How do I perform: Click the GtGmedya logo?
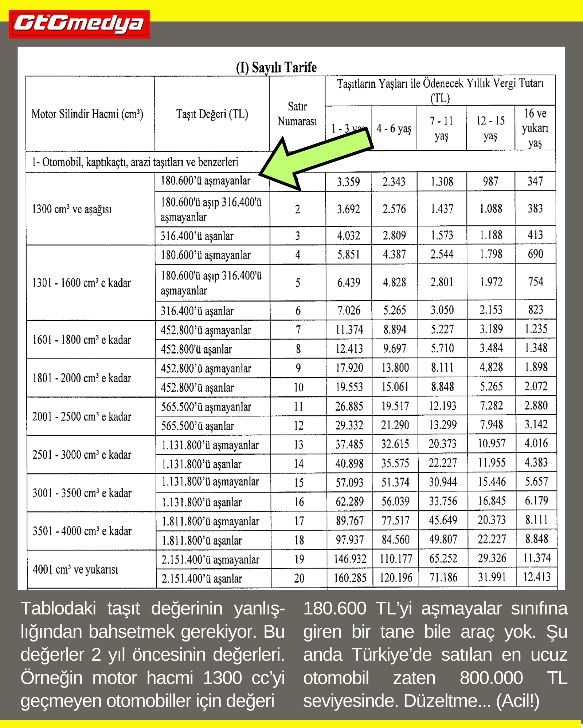click(79, 24)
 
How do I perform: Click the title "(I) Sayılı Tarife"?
click(276, 68)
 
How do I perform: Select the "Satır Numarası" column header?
click(297, 114)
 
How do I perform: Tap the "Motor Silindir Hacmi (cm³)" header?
click(87, 114)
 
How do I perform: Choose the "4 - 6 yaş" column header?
click(394, 128)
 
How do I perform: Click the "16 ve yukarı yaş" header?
click(535, 128)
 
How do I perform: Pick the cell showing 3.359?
click(348, 182)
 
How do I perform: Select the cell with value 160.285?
click(350, 578)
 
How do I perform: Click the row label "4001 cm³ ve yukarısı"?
click(75, 569)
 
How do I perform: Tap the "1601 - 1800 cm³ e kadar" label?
click(82, 340)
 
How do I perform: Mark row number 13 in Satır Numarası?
click(299, 445)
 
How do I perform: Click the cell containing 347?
click(535, 181)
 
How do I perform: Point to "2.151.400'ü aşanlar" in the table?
click(201, 579)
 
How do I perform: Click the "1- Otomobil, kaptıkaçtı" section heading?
click(135, 162)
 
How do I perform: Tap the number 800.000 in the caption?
click(491, 678)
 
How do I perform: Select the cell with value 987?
click(490, 181)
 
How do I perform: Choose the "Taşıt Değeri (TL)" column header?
click(212, 114)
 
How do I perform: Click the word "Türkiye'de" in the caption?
click(391, 655)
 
